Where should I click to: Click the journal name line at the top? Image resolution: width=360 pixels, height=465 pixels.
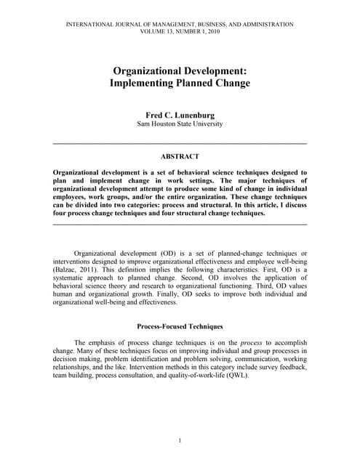point(180,25)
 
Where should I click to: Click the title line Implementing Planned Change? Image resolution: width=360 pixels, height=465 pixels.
point(180,84)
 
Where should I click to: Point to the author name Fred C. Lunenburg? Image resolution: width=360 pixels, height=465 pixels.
point(180,115)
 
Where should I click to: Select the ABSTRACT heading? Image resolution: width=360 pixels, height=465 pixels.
point(180,156)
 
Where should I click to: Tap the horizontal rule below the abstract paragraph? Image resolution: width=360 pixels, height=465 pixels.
point(180,224)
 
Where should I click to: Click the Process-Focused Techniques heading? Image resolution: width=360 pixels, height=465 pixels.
point(180,327)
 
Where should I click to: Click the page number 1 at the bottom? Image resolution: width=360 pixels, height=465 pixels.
point(180,440)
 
